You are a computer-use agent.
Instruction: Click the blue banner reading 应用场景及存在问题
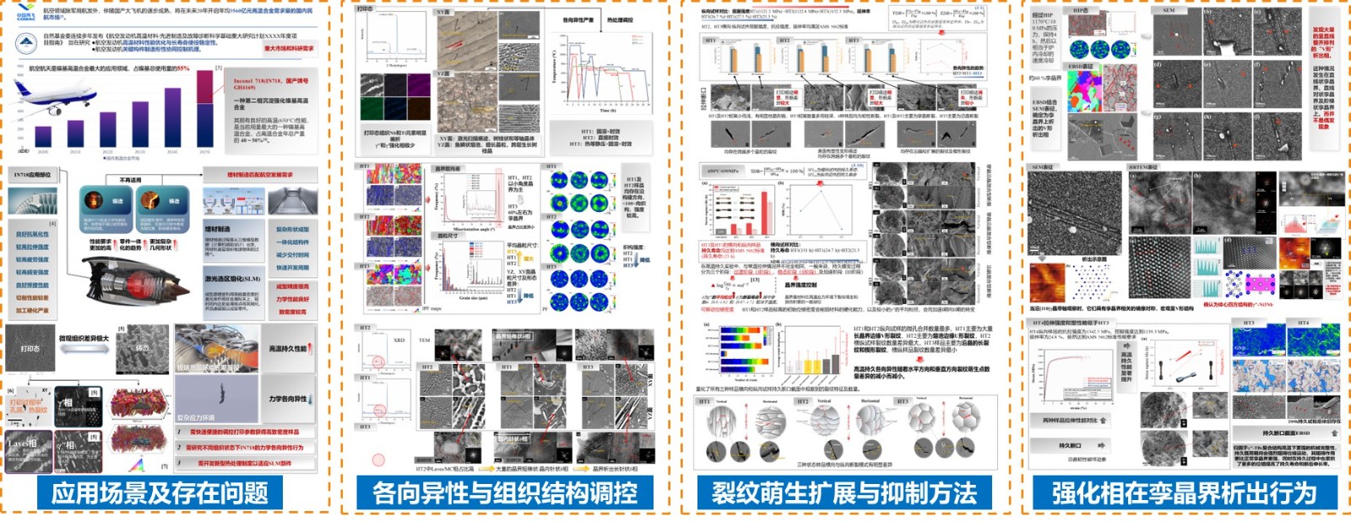pos(160,493)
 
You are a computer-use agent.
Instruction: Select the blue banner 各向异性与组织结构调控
pos(505,493)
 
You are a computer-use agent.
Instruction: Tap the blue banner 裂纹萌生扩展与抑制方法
pos(844,493)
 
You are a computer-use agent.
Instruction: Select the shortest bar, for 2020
pos(43,143)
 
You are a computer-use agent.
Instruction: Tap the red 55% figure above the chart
pos(183,68)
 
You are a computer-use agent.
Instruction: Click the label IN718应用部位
pos(32,175)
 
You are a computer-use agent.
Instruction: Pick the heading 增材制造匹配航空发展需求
pos(259,175)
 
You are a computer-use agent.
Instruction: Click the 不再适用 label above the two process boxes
pos(131,180)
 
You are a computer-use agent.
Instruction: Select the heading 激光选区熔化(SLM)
pos(232,279)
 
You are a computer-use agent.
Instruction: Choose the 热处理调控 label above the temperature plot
pos(620,20)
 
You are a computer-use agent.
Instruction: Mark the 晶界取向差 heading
pos(448,169)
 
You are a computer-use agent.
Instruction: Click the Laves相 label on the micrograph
pos(22,442)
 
